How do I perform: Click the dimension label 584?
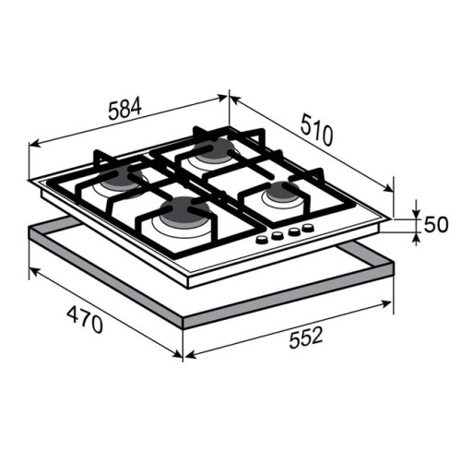coord(124,108)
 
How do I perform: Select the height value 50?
coord(436,224)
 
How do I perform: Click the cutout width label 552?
coord(306,337)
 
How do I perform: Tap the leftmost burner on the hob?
coord(121,179)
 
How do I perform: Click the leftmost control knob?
coord(262,240)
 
